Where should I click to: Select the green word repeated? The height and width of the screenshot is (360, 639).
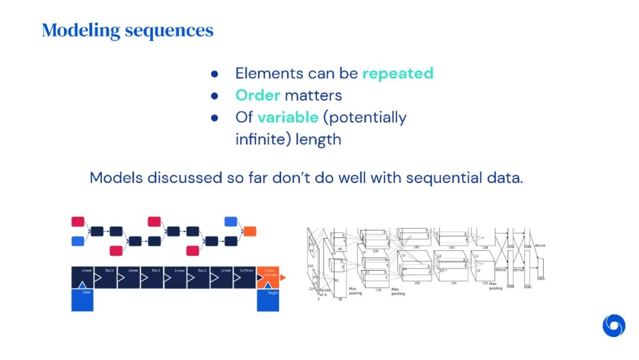(398, 73)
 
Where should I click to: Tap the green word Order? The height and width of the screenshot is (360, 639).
(257, 95)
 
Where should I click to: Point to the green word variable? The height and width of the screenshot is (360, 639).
(288, 117)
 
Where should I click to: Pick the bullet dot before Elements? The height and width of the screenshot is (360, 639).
(215, 73)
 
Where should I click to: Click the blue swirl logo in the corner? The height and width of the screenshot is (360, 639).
(614, 326)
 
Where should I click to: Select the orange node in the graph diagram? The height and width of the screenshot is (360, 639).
(250, 231)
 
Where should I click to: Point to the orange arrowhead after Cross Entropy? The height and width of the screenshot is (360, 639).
(283, 277)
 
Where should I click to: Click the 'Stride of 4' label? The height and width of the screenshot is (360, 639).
(323, 290)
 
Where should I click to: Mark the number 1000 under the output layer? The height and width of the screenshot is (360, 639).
(540, 278)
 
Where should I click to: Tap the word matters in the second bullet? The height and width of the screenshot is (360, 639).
(313, 95)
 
